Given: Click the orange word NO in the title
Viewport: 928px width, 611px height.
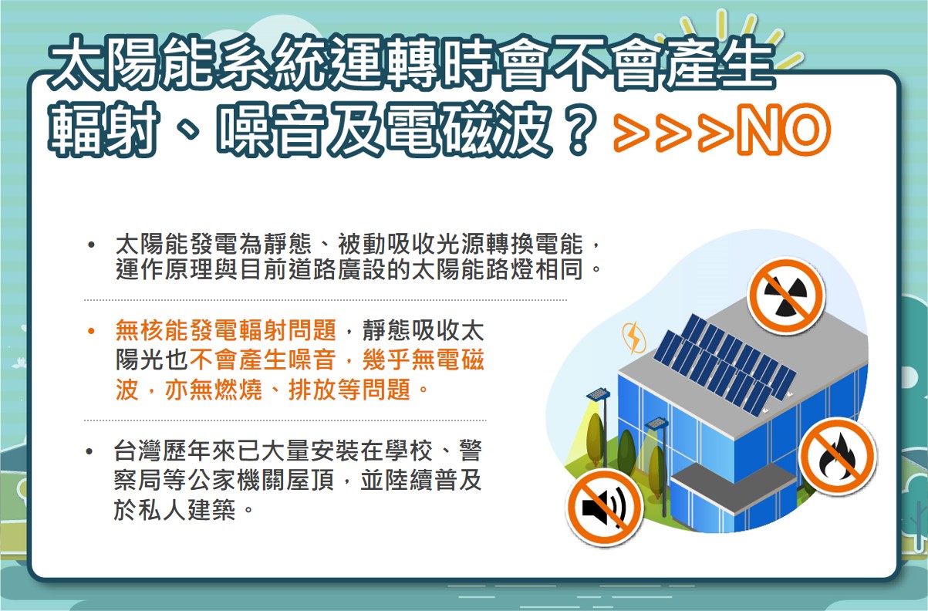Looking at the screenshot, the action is coord(784,130).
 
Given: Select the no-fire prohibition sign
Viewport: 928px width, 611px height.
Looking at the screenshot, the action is coord(838,456).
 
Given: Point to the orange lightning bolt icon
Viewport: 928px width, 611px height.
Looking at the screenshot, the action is coord(633,338).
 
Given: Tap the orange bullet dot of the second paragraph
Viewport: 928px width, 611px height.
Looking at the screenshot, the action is coord(91,332).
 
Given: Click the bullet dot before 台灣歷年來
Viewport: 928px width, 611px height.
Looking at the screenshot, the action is coord(89,451).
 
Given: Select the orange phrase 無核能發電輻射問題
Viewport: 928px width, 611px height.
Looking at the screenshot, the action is coord(226,330).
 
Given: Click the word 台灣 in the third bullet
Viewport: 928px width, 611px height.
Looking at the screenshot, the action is coord(138,451).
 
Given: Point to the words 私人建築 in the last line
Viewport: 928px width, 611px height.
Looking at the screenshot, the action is coord(187,510).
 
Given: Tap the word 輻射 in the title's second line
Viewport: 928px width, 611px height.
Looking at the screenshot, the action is coord(103,130).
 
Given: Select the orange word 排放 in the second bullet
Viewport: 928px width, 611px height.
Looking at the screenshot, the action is coord(312,390).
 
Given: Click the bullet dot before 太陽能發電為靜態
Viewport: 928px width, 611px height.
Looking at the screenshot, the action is coord(91,245).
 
